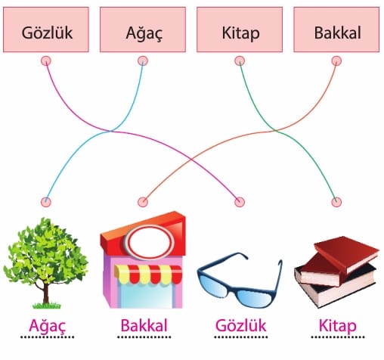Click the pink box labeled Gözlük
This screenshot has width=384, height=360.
point(46,29)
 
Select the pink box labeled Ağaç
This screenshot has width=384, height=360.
point(143,29)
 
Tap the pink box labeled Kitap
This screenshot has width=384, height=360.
point(240,29)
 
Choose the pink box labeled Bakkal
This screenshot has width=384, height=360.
point(336,29)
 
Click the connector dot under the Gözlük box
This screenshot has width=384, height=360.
point(46,61)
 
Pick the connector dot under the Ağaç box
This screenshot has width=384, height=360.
point(143,61)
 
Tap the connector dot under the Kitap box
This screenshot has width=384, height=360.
point(240,61)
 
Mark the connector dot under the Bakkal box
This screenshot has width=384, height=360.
point(336,61)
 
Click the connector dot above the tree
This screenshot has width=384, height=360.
point(46,202)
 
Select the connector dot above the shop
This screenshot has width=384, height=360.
point(143,202)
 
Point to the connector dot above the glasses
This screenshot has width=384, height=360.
point(240,202)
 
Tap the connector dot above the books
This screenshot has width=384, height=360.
point(336,202)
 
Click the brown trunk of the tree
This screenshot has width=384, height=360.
point(45,293)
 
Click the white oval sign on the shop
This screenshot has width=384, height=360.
point(150,243)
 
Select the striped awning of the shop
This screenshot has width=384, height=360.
point(148,275)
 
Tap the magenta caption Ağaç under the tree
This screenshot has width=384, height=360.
point(48,326)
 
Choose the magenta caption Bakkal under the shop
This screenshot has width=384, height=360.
point(144,325)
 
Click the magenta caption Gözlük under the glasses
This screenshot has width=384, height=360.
point(241,325)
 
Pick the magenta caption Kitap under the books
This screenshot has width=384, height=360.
point(338,326)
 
